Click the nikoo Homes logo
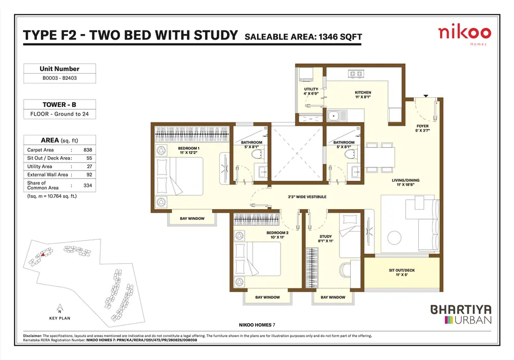pyautogui.click(x=465, y=35)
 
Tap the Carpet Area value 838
pyautogui.click(x=87, y=150)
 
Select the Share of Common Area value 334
pyautogui.click(x=87, y=186)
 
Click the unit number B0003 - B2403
pyautogui.click(x=59, y=78)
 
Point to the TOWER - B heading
pyautogui.click(x=59, y=104)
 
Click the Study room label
pyautogui.click(x=326, y=239)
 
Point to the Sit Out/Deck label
pyautogui.click(x=402, y=272)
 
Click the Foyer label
pyautogui.click(x=422, y=128)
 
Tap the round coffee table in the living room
pyautogui.click(x=394, y=238)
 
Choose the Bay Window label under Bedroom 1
pyautogui.click(x=192, y=218)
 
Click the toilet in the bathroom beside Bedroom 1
pyautogui.click(x=258, y=155)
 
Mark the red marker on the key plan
pyautogui.click(x=42, y=255)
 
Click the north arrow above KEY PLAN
pyautogui.click(x=59, y=308)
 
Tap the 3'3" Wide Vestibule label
pyautogui.click(x=307, y=197)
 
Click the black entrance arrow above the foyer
pyautogui.click(x=426, y=96)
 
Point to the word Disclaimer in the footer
pyautogui.click(x=33, y=336)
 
